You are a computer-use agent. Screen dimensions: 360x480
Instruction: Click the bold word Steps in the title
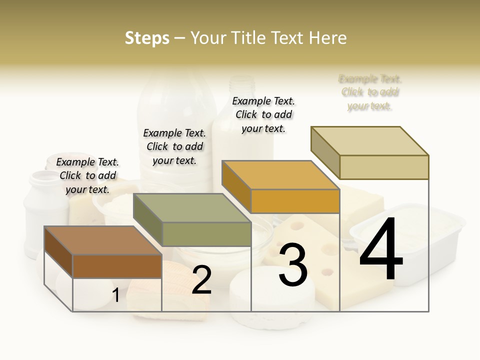coord(147,38)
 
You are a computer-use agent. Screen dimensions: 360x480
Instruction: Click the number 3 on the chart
coord(293,265)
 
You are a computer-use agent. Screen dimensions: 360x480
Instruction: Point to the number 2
coord(201,280)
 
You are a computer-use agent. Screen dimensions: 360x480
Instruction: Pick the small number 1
coord(115,295)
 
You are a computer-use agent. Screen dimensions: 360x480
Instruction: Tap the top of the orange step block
coord(281,175)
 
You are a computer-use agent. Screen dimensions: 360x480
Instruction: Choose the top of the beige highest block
coord(370,140)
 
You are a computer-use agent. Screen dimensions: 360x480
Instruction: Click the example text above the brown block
coord(87,175)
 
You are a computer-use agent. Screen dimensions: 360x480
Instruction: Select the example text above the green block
coord(174,146)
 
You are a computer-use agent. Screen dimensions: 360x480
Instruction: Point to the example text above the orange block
coord(263,114)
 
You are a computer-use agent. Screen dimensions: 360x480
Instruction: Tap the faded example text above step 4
coord(370,92)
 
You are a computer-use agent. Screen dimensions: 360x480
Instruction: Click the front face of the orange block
coord(295,201)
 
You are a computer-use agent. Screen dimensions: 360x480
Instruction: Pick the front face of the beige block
coord(384,167)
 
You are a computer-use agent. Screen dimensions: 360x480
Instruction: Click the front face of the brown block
coord(117,266)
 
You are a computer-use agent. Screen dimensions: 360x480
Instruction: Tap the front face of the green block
coord(206,234)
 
